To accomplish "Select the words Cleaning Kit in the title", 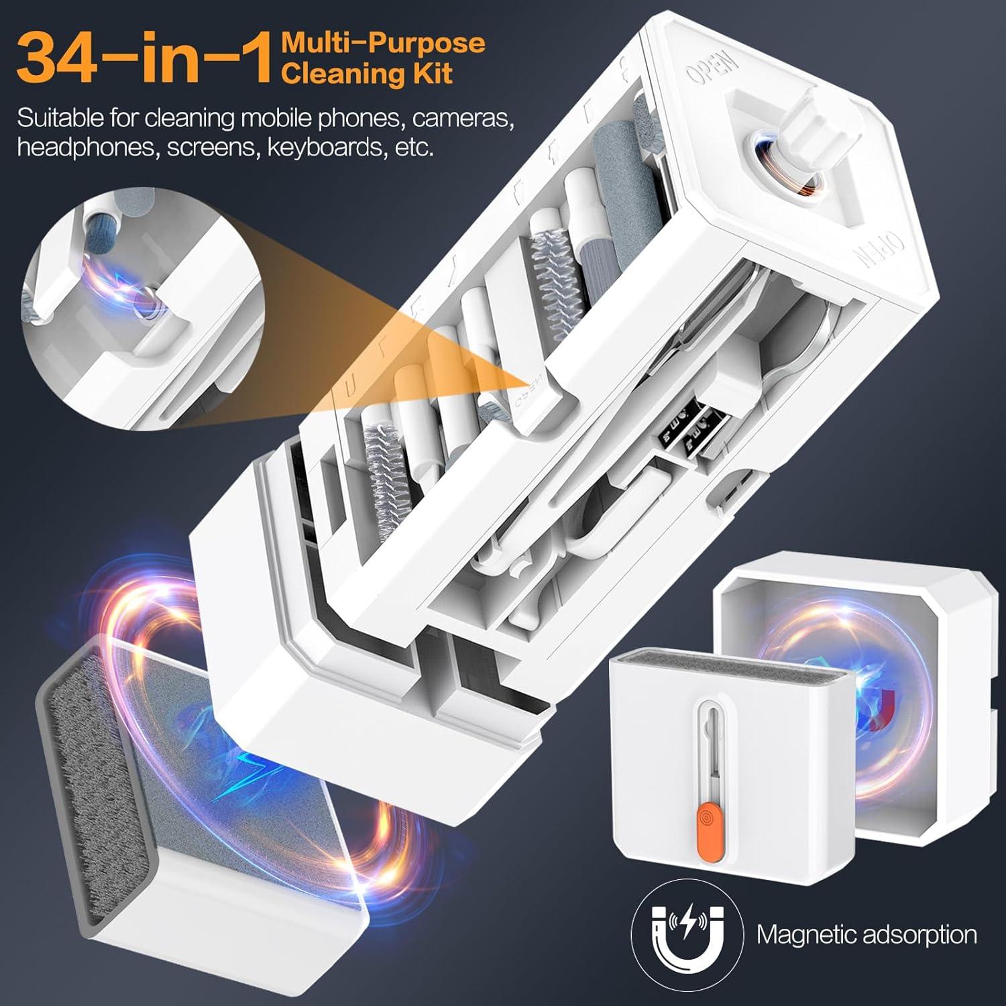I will click(x=367, y=72).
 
